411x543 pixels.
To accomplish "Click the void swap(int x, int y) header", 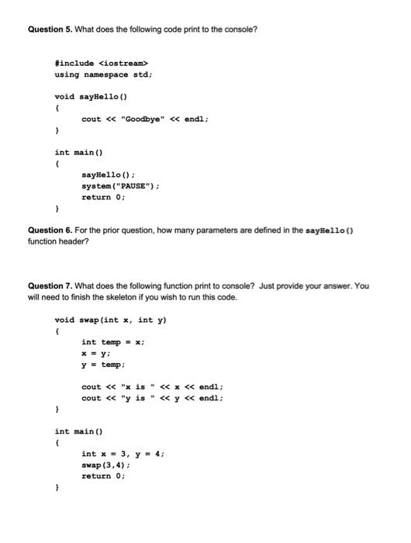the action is click(x=111, y=320).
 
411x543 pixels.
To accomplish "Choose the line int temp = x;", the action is click(x=112, y=342).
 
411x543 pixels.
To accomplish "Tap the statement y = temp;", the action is click(x=102, y=364).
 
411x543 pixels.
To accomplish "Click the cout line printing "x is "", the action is click(x=152, y=386).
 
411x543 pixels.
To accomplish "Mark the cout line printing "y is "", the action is click(x=152, y=398).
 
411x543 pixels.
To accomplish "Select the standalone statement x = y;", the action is click(x=96, y=353).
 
